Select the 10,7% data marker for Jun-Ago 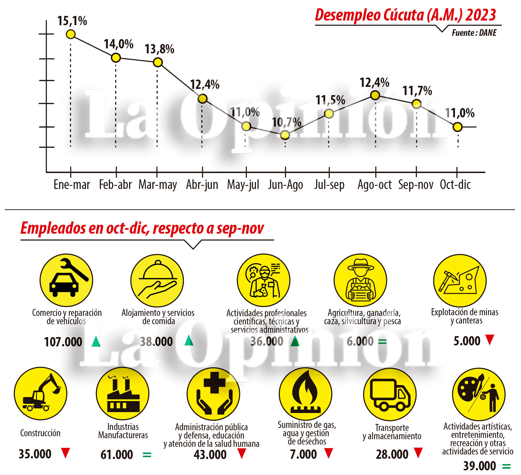click(x=285, y=135)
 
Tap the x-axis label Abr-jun click(x=202, y=185)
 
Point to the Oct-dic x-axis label click(x=455, y=185)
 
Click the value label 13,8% click(x=159, y=49)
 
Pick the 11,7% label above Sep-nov click(x=417, y=91)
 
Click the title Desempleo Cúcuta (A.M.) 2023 click(x=405, y=15)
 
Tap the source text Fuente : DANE click(x=474, y=33)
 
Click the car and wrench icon click(x=66, y=280)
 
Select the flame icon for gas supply click(x=305, y=394)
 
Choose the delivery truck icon click(x=390, y=394)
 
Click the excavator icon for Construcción click(x=40, y=393)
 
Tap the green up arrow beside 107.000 click(x=96, y=341)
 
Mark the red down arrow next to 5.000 click(x=489, y=340)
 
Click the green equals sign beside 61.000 click(x=147, y=455)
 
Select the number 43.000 click(x=210, y=455)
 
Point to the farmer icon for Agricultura click(x=360, y=280)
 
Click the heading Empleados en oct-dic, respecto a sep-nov click(x=142, y=228)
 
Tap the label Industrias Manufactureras click(x=123, y=431)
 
